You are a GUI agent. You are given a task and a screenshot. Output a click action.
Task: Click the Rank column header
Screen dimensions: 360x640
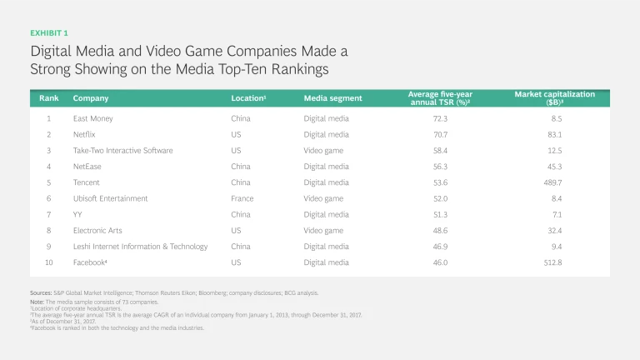[48, 98]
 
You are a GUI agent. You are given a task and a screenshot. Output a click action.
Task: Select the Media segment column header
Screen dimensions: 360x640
[332, 98]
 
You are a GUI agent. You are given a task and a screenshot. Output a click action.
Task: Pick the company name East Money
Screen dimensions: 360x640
[92, 118]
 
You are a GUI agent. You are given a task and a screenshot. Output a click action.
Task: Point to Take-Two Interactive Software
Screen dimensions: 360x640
[122, 151]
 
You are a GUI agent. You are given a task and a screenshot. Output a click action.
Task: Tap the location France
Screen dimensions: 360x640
[242, 198]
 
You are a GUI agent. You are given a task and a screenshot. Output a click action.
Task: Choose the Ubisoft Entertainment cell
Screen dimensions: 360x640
[110, 198]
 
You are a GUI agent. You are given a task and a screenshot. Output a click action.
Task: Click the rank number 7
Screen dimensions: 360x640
[48, 214]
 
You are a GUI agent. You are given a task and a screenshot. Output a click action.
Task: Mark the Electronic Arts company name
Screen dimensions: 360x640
[100, 230]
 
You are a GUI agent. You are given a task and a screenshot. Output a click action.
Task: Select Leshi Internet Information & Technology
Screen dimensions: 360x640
[140, 247]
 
